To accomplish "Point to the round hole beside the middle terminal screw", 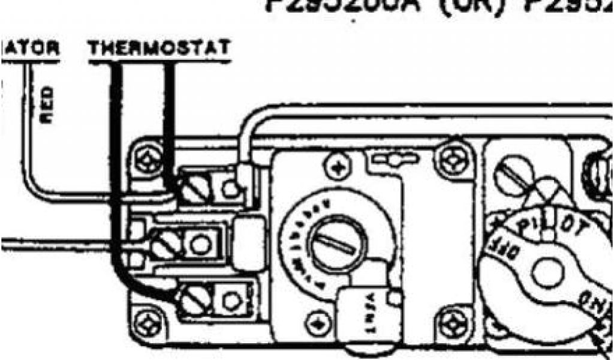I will click(x=200, y=244).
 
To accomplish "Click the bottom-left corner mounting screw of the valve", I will click(x=146, y=325).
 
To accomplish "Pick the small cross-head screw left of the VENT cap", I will click(x=314, y=325).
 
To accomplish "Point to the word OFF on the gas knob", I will click(x=502, y=244).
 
